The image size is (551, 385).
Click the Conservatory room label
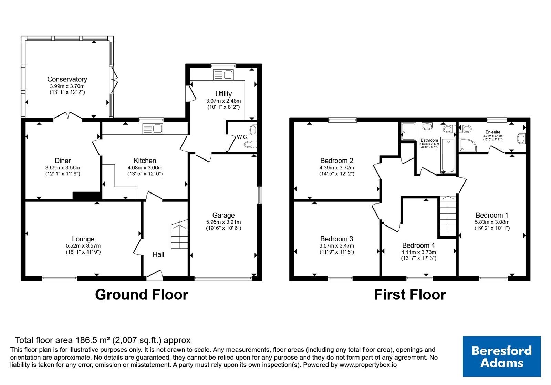[x=67, y=79]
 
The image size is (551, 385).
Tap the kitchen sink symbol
[x=153, y=129]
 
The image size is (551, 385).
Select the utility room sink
[x=223, y=75]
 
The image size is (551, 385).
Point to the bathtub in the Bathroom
[x=448, y=155]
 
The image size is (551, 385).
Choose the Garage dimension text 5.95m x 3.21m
[x=223, y=222]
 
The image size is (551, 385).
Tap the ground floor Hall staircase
[x=179, y=234]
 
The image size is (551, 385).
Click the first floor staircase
[x=448, y=216]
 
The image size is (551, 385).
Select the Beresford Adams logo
[x=501, y=356]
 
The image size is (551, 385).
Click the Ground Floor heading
[x=142, y=295]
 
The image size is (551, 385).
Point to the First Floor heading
[x=410, y=295]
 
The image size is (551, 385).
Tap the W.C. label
[x=242, y=137]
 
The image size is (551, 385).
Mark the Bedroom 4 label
[x=418, y=245]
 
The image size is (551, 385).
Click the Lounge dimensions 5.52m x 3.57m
[x=83, y=245]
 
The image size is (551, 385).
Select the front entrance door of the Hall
[x=155, y=275]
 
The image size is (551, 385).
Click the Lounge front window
[x=60, y=278]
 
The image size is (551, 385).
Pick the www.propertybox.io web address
[x=368, y=365]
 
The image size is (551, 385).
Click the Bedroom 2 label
[x=336, y=161]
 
